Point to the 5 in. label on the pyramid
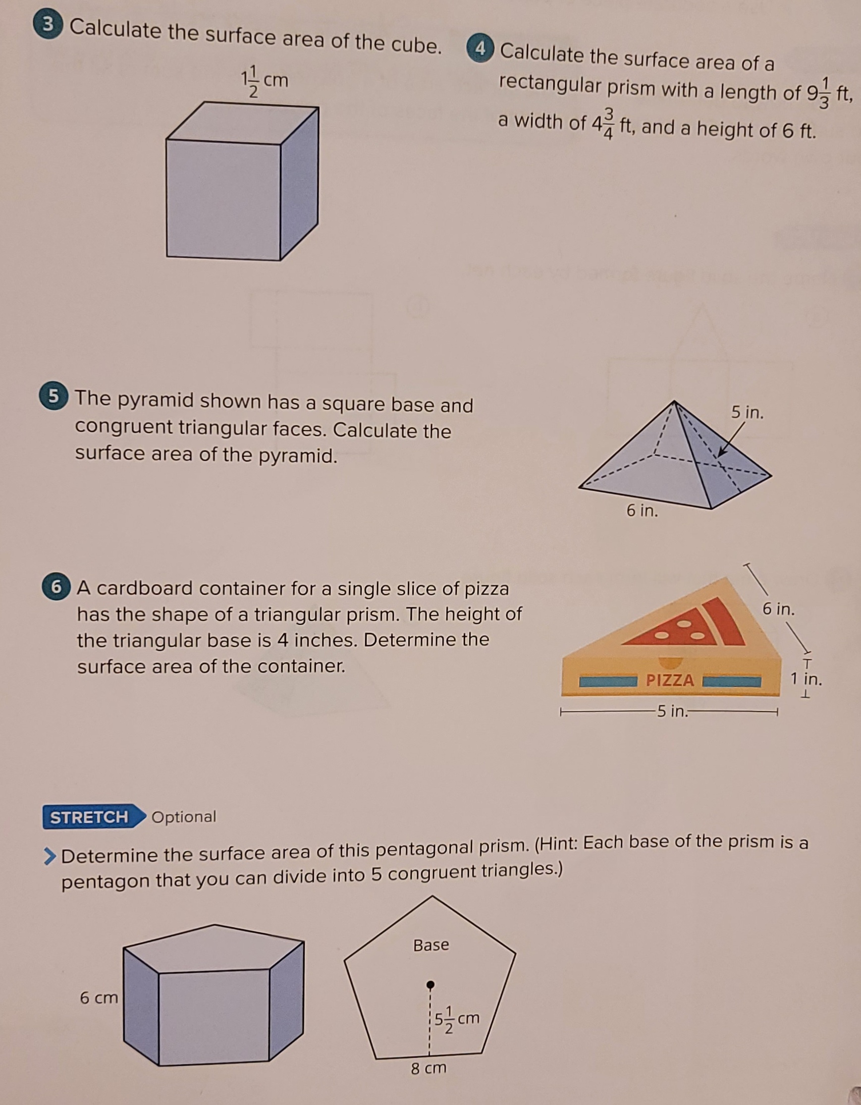pyautogui.click(x=747, y=413)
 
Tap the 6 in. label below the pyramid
pyautogui.click(x=643, y=511)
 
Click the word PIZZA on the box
pyautogui.click(x=670, y=680)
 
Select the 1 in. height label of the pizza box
pyautogui.click(x=807, y=679)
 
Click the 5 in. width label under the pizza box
pyautogui.click(x=671, y=712)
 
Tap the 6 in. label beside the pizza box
pyautogui.click(x=779, y=609)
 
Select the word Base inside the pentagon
pyautogui.click(x=431, y=945)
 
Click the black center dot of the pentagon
pyautogui.click(x=430, y=985)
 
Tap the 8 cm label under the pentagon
pyautogui.click(x=429, y=1067)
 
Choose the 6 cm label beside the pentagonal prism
pyautogui.click(x=99, y=998)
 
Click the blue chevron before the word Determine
pyautogui.click(x=50, y=856)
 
